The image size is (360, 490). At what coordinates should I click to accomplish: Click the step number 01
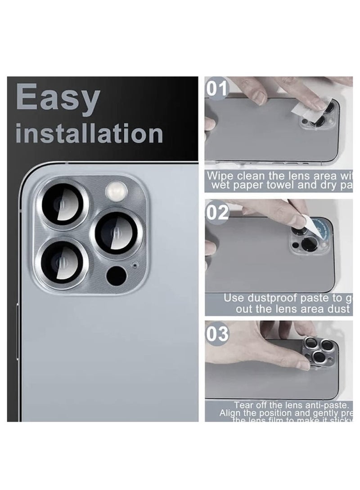218,87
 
